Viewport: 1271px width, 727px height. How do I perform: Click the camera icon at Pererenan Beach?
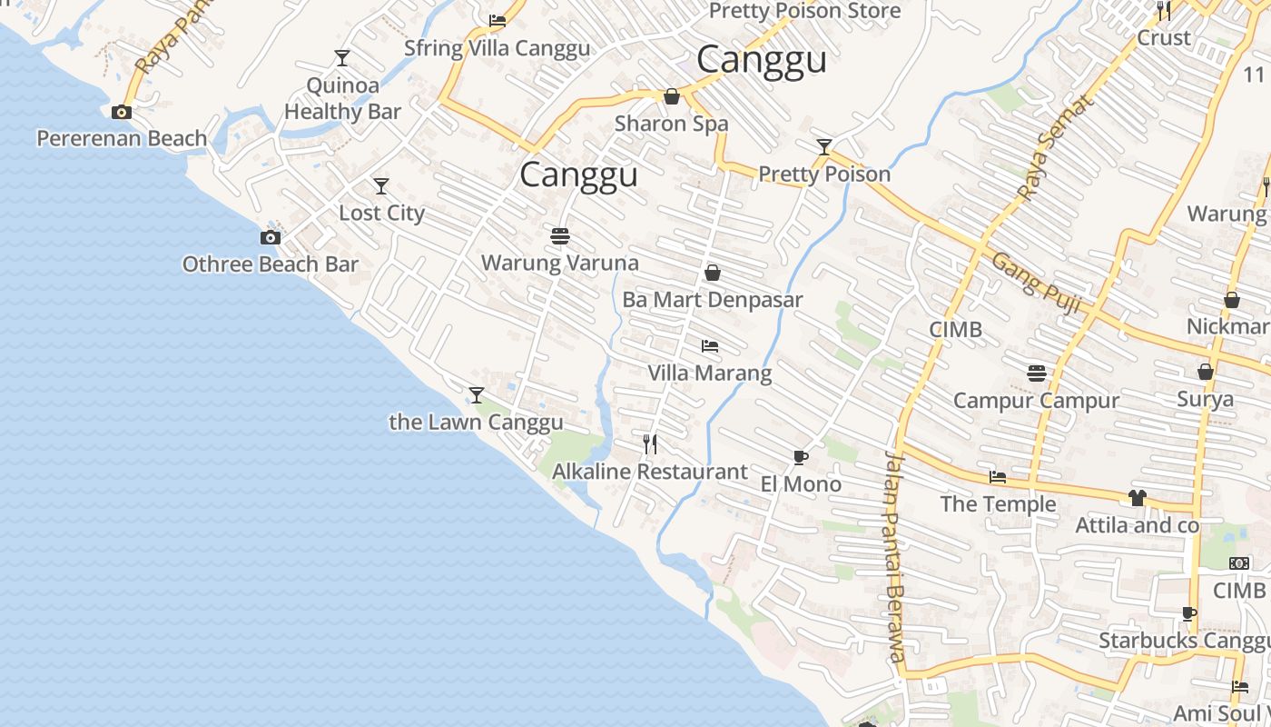click(x=121, y=112)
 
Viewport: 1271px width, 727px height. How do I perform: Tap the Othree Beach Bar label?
click(x=271, y=264)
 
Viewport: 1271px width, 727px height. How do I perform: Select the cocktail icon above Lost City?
click(x=381, y=186)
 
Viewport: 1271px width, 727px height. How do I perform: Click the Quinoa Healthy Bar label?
click(x=342, y=98)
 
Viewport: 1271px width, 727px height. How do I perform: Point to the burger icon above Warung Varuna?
click(x=560, y=236)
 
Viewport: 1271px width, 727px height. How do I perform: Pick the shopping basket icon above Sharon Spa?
click(x=672, y=96)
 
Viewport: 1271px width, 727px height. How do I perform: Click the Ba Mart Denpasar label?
click(x=713, y=299)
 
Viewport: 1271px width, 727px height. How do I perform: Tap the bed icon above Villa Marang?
click(x=710, y=346)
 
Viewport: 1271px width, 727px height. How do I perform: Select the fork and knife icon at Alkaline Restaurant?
click(x=650, y=443)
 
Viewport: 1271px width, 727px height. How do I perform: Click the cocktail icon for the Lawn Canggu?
click(x=477, y=395)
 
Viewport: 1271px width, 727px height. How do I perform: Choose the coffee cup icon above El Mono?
click(x=800, y=457)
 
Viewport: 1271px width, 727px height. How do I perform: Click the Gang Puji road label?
click(x=1036, y=283)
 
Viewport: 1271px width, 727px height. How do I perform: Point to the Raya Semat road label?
click(x=1057, y=146)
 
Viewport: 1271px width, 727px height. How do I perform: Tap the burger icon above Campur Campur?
click(x=1037, y=373)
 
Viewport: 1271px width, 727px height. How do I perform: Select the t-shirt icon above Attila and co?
click(x=1137, y=497)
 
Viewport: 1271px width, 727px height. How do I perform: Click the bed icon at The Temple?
click(x=998, y=477)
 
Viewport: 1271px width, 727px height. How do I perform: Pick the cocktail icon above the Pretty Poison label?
click(x=824, y=146)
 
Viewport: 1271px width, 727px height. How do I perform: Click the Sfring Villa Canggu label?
click(x=498, y=48)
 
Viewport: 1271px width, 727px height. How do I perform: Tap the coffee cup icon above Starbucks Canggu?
click(x=1189, y=613)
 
